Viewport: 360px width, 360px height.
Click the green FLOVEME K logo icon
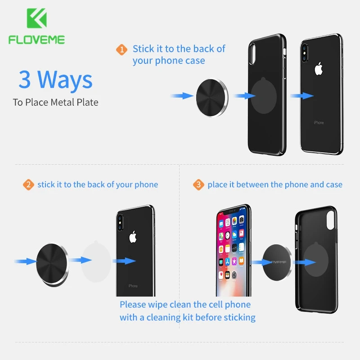37,18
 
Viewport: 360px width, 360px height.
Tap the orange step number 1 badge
121,49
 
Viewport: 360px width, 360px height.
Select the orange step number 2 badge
28,184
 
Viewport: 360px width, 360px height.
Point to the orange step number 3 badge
198,184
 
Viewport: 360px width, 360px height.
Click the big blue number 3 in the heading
25,79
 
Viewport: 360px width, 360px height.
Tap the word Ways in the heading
65,80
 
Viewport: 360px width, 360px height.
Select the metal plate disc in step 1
212,98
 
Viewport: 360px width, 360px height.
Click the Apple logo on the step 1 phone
319,68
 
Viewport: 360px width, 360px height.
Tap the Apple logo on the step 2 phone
133,237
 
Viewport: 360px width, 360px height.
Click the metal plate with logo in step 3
277,262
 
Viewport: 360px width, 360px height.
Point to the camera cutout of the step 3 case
330,220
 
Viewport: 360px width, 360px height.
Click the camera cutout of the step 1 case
252,54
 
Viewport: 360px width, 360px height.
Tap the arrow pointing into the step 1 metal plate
182,96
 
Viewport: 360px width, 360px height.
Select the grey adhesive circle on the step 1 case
264,95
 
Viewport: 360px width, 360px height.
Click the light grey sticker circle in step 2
96,261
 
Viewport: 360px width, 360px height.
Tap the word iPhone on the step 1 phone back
319,122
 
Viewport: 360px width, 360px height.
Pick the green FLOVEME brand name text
37,40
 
